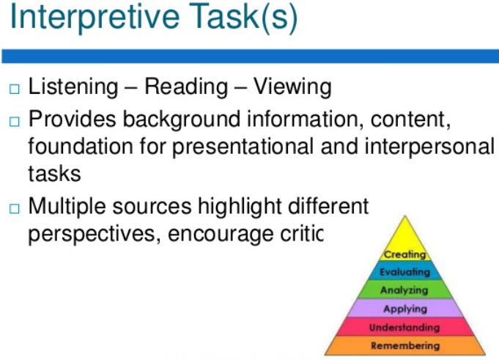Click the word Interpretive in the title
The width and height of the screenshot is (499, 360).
95,17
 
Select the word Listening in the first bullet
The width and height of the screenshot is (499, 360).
73,87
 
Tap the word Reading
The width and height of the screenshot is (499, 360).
186,87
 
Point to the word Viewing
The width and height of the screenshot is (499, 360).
292,87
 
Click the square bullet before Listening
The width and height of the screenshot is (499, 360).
15,89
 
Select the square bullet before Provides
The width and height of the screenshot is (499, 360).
15,122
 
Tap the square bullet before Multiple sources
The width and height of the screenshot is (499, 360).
15,209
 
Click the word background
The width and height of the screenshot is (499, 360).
182,120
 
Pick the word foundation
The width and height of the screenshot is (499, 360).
81,147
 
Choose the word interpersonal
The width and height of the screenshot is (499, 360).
429,147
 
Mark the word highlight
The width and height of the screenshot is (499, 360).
240,207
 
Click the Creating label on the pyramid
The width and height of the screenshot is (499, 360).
404,254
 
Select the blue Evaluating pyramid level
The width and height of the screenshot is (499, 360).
404,271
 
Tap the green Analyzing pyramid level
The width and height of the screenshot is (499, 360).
404,290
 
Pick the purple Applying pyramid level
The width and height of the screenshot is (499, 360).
404,308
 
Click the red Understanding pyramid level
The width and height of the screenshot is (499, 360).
404,326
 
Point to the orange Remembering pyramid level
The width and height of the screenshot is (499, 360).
404,345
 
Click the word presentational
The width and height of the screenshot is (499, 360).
243,147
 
